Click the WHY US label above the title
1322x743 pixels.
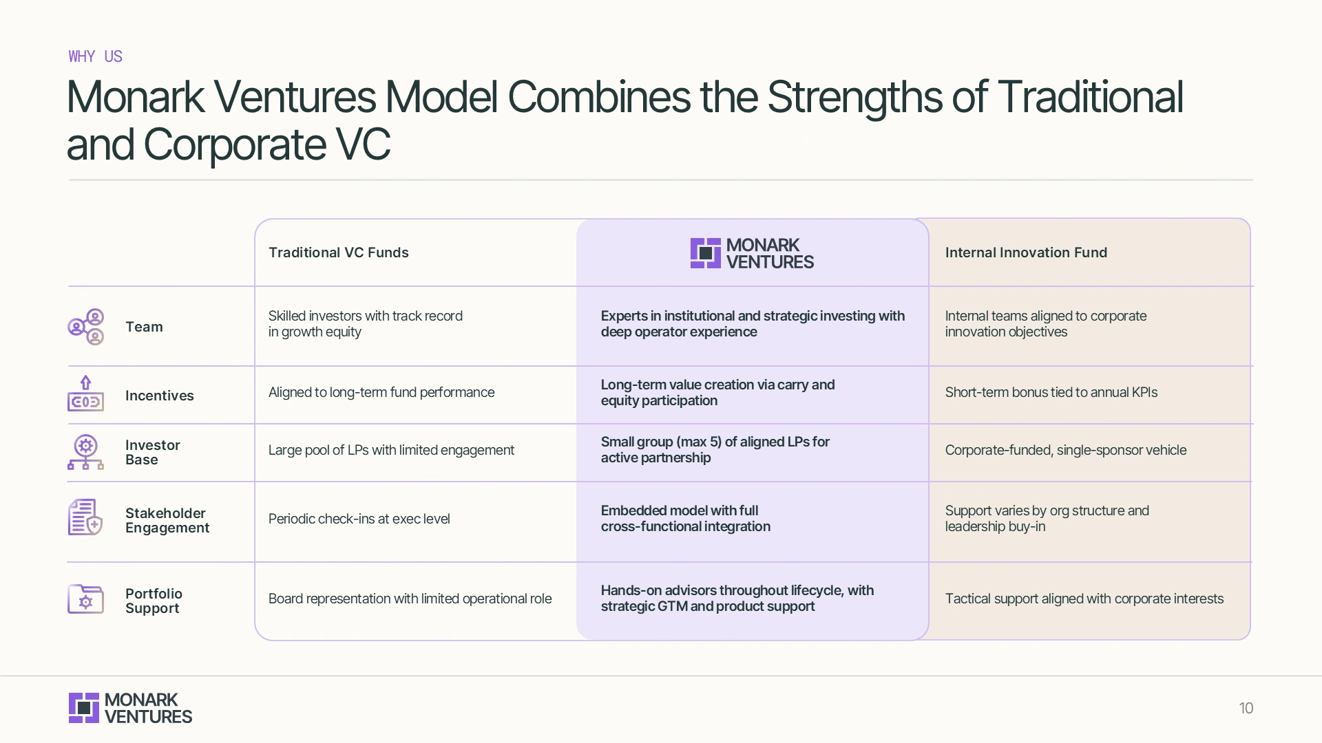coord(95,56)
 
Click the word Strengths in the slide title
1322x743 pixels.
coord(854,97)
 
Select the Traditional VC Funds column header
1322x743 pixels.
coord(338,252)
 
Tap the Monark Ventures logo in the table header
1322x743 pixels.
coord(752,253)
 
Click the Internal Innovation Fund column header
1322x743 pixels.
coord(1025,252)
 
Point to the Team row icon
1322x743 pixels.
coord(86,327)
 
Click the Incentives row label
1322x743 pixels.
coord(159,396)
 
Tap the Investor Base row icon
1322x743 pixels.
coord(85,452)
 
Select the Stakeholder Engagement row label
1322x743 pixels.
coord(167,521)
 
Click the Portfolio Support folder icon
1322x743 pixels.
coord(85,599)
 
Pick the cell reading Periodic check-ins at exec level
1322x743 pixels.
coord(359,519)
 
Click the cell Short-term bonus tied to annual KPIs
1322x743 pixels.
coord(1051,392)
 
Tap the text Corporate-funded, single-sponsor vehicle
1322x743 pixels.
coord(1065,450)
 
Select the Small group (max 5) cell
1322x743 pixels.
coord(715,450)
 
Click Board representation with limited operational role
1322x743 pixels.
coord(410,599)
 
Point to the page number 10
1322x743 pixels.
coord(1246,708)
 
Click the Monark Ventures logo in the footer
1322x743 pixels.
coord(130,708)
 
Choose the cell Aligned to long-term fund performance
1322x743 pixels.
coord(381,392)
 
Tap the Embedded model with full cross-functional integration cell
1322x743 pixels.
coord(685,519)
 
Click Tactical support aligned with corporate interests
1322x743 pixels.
coord(1084,599)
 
